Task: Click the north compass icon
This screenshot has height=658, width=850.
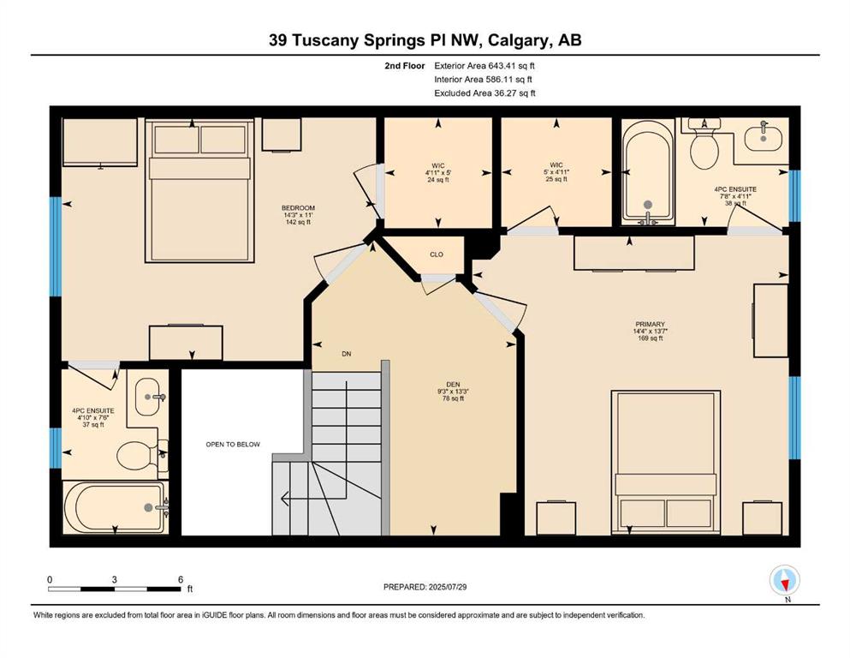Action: click(x=784, y=580)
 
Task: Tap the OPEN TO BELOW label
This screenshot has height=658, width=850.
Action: click(x=233, y=445)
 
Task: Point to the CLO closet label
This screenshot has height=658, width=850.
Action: click(x=437, y=254)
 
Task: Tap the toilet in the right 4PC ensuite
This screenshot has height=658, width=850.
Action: click(x=704, y=144)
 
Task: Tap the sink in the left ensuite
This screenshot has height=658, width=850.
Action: click(x=148, y=397)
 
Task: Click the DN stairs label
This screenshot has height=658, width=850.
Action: click(x=347, y=354)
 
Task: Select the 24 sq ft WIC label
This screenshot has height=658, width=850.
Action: click(x=438, y=172)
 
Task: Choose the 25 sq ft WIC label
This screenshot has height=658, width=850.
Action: click(x=556, y=172)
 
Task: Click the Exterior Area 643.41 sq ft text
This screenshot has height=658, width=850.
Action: click(x=484, y=66)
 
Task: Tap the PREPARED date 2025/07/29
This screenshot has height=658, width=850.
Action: click(x=447, y=586)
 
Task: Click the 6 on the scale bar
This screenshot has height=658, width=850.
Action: click(x=181, y=579)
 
